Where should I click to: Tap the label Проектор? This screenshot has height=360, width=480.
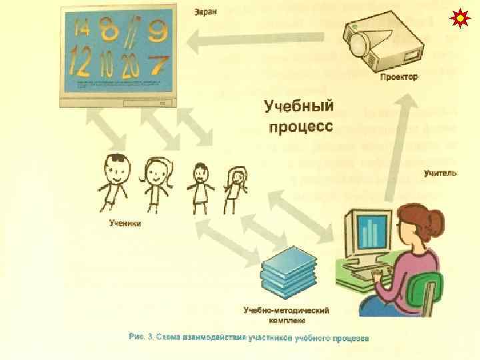pos(399,77)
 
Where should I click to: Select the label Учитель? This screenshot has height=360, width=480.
pos(440,173)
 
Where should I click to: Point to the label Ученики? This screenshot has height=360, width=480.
pos(125,223)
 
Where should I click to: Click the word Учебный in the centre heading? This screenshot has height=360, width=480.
pos(298,106)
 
